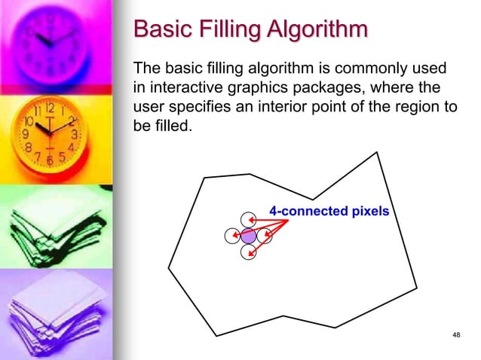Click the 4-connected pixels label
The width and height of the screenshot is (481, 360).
(x=329, y=211)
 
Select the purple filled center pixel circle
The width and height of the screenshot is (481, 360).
(x=249, y=236)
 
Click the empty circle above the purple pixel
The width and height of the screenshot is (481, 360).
(x=247, y=220)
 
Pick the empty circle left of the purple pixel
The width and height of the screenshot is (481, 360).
(x=232, y=236)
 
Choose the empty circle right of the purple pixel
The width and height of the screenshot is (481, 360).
(x=265, y=236)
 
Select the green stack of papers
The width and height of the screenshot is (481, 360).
(x=53, y=226)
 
